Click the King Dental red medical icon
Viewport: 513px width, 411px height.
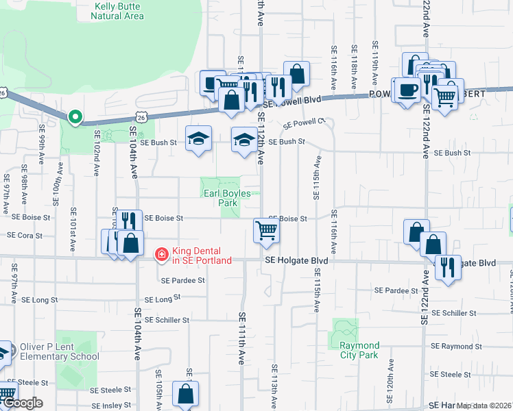(162, 255)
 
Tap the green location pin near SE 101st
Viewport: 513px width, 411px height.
(75, 117)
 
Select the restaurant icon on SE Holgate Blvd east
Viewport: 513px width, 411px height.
(447, 267)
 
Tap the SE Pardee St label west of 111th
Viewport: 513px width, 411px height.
(182, 281)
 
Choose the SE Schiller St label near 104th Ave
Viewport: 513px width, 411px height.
(167, 320)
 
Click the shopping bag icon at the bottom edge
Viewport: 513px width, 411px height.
(186, 394)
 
